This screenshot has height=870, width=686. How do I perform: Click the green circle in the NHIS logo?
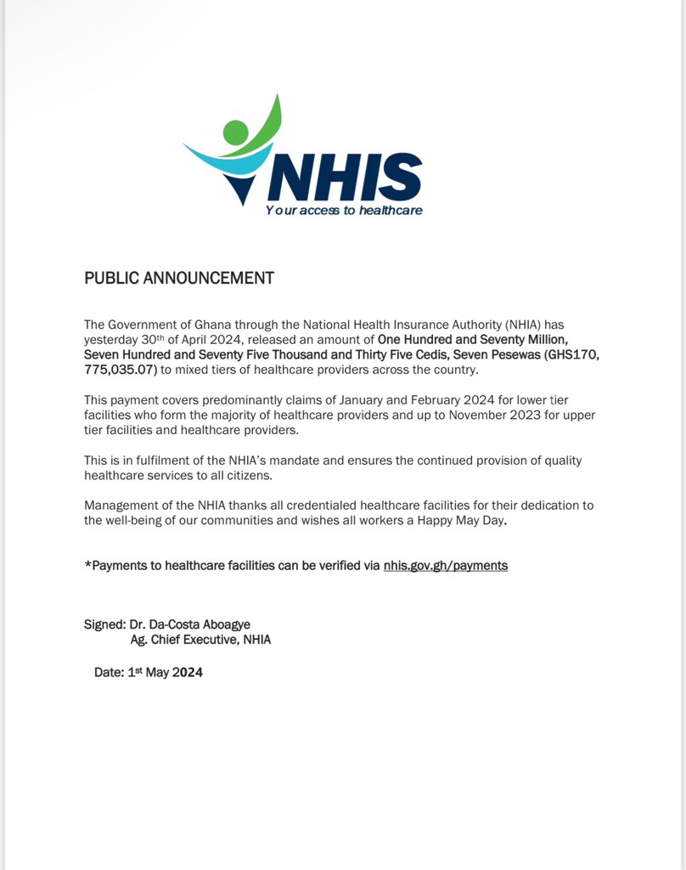[x=235, y=133]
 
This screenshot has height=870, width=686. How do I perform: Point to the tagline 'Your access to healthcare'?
[x=344, y=210]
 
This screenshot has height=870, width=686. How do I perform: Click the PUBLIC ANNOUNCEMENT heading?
[x=179, y=278]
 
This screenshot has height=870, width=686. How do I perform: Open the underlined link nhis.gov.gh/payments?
[x=446, y=565]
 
